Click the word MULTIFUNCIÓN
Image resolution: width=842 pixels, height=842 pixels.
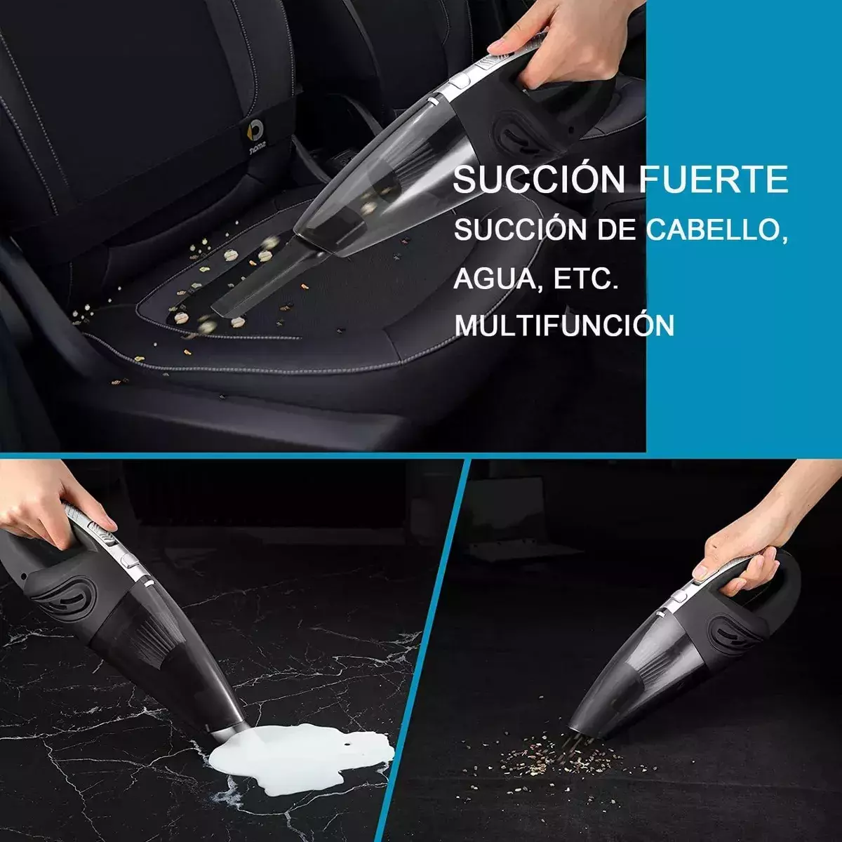[564, 325]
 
